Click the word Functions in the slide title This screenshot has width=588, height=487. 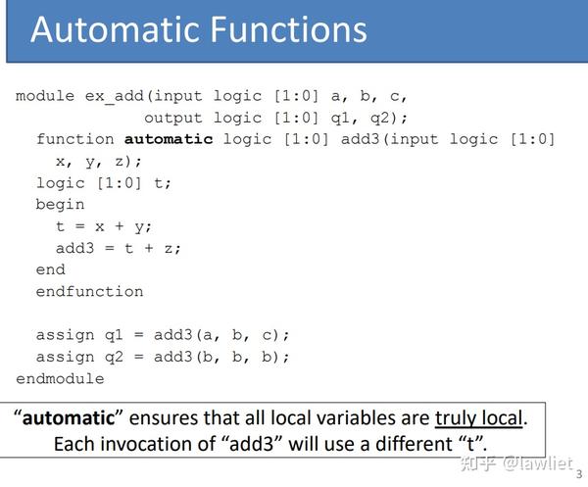click(288, 29)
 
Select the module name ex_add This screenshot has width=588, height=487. click(115, 96)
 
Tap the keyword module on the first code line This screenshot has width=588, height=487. click(45, 96)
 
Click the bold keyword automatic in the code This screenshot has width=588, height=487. click(169, 139)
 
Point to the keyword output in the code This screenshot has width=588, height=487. click(173, 119)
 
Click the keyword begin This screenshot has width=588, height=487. click(60, 205)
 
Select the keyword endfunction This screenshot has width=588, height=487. click(89, 292)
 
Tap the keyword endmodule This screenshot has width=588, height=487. click(60, 378)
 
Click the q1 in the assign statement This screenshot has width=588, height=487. click(114, 335)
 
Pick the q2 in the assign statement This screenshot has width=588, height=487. click(114, 358)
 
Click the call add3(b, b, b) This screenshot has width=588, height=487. click(221, 357)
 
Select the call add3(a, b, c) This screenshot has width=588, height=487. click(221, 335)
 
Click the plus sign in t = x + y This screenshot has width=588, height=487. click(120, 226)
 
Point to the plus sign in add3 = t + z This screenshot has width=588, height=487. click(149, 248)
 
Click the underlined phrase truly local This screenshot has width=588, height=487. click(478, 418)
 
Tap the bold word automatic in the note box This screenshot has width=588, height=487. click(69, 418)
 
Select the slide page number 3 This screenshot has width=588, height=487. click(579, 474)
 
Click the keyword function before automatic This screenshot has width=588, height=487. click(75, 139)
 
